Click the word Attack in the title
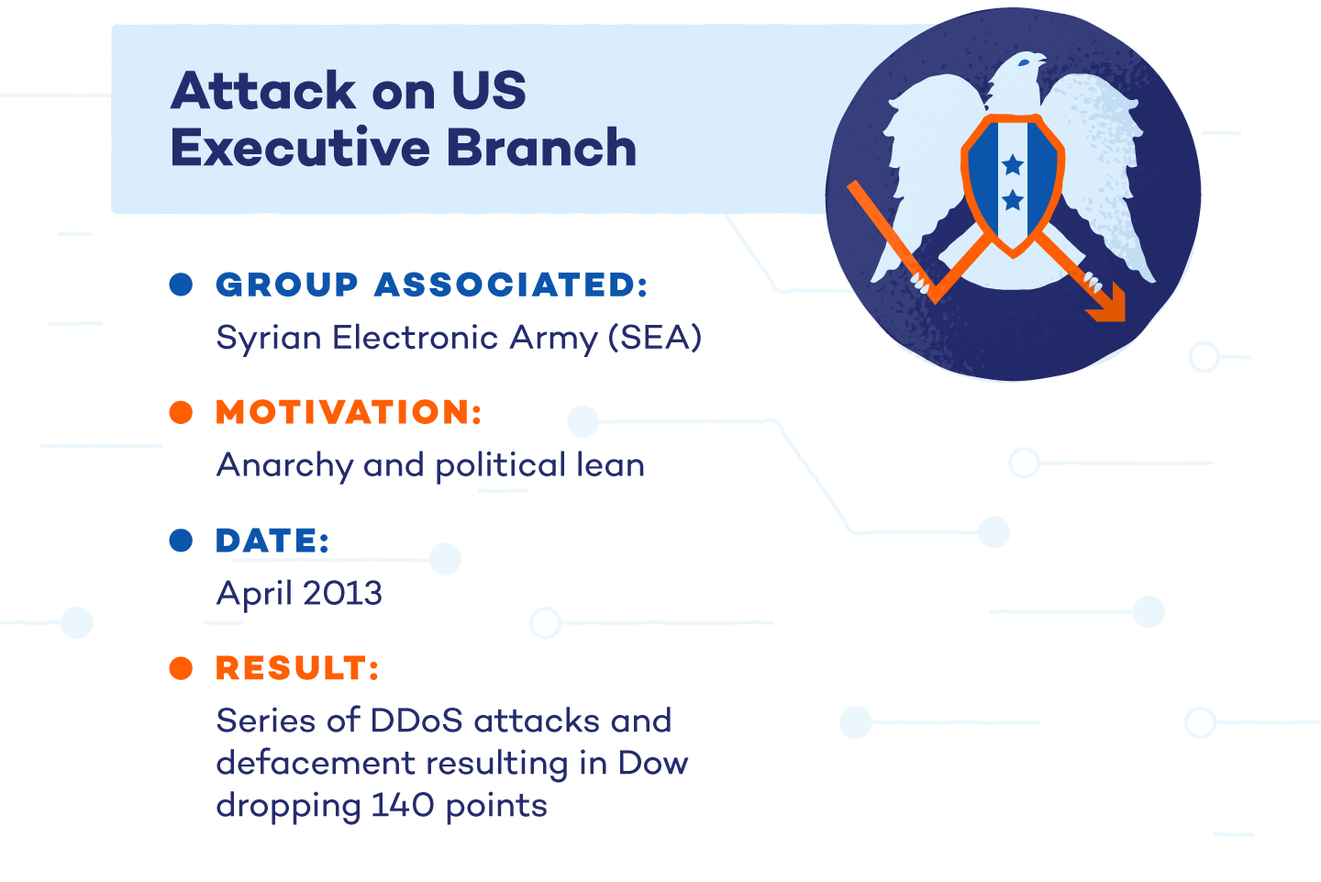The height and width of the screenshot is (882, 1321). click(263, 91)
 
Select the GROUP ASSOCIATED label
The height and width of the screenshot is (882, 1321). click(431, 285)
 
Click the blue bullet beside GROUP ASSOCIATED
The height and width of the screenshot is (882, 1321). click(182, 285)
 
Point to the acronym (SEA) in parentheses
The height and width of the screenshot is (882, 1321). click(655, 338)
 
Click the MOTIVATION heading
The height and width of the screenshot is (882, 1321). click(349, 412)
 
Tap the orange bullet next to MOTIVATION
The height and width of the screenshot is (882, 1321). click(182, 412)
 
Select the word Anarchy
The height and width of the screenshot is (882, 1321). click(284, 466)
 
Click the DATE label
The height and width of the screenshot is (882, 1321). click(272, 541)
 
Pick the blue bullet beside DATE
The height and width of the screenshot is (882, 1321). click(182, 540)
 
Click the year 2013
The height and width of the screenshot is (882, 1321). click(342, 593)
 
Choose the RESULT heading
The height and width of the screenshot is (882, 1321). click(296, 668)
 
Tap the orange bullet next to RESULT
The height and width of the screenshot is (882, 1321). click(182, 668)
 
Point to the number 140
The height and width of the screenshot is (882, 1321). click(403, 806)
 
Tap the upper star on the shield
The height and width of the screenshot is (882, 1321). click(1013, 165)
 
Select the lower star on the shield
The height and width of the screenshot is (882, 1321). click(1013, 200)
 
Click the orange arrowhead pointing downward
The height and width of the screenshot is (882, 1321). click(1107, 305)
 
